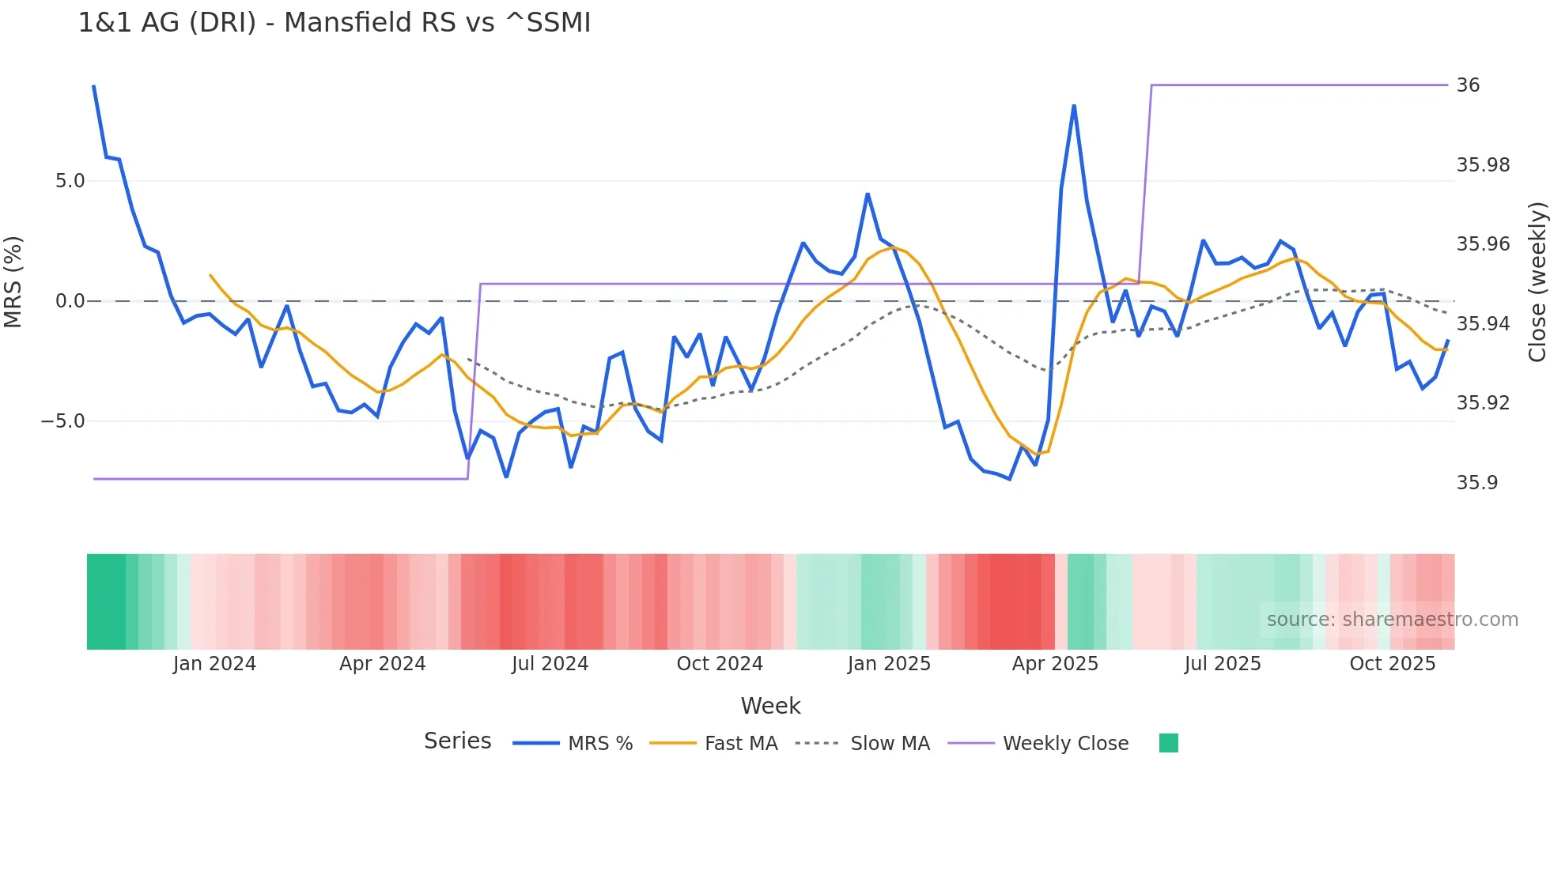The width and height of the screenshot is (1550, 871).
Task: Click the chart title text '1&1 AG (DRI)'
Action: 167,23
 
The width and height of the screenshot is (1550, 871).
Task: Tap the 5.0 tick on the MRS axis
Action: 70,181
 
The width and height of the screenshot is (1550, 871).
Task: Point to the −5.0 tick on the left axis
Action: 63,421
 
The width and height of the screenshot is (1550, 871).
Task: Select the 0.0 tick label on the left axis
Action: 70,301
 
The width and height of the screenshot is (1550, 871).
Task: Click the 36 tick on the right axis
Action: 1468,85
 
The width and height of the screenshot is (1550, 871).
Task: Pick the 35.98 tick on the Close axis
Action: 1483,165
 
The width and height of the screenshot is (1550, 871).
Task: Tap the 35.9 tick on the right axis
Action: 1477,483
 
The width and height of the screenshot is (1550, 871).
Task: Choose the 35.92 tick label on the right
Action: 1483,403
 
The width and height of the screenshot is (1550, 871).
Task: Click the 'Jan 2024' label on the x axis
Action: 214,664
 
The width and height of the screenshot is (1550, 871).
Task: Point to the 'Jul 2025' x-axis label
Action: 1222,664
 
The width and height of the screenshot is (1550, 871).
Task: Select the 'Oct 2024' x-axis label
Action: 719,664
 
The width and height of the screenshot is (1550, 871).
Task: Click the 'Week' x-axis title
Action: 770,706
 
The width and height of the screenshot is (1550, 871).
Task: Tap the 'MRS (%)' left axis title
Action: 13,282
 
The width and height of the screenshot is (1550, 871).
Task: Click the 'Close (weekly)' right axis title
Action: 1537,282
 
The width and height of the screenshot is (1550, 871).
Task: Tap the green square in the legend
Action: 1168,743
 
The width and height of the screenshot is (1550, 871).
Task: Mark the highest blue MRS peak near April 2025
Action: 1074,106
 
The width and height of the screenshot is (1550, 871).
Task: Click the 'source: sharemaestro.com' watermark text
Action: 1392,620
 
